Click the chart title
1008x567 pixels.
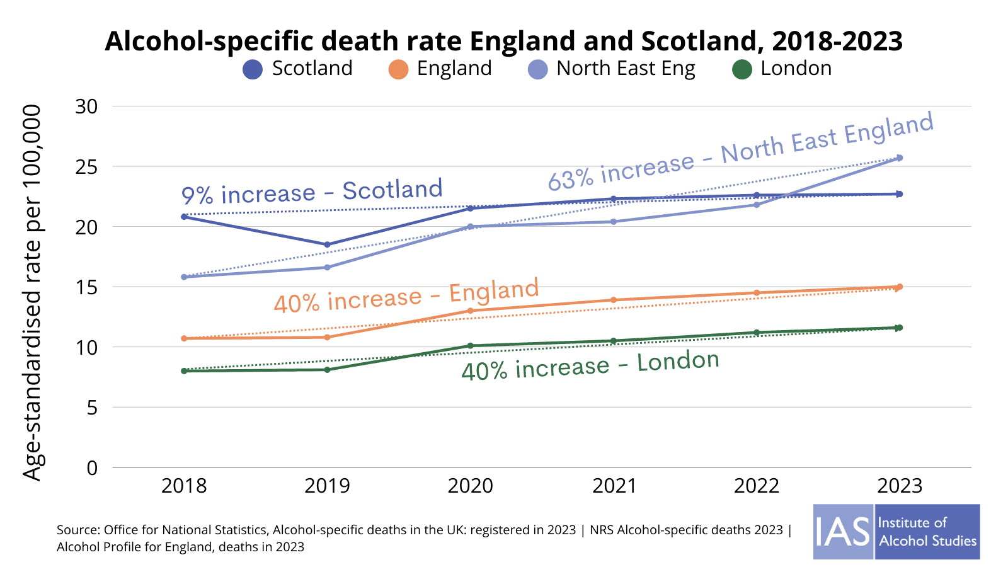[x=503, y=41]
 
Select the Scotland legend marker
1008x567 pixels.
[x=253, y=69]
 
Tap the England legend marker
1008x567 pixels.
[x=399, y=69]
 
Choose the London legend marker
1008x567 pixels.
[x=742, y=69]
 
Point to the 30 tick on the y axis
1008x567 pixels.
[x=87, y=106]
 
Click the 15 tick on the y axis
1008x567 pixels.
[x=87, y=287]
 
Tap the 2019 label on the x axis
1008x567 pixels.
[x=327, y=486]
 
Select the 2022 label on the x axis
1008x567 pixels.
[x=757, y=486]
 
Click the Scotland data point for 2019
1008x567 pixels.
[x=327, y=244]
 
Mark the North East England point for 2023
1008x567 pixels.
[x=900, y=157]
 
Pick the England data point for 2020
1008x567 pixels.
[x=470, y=311]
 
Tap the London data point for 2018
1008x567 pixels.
[x=184, y=371]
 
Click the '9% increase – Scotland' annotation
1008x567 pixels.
[x=312, y=192]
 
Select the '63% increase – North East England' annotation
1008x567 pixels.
[x=740, y=152]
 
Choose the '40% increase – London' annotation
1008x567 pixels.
[x=590, y=365]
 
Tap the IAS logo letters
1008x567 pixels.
[x=842, y=532]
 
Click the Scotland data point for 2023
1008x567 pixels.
[x=900, y=194]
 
